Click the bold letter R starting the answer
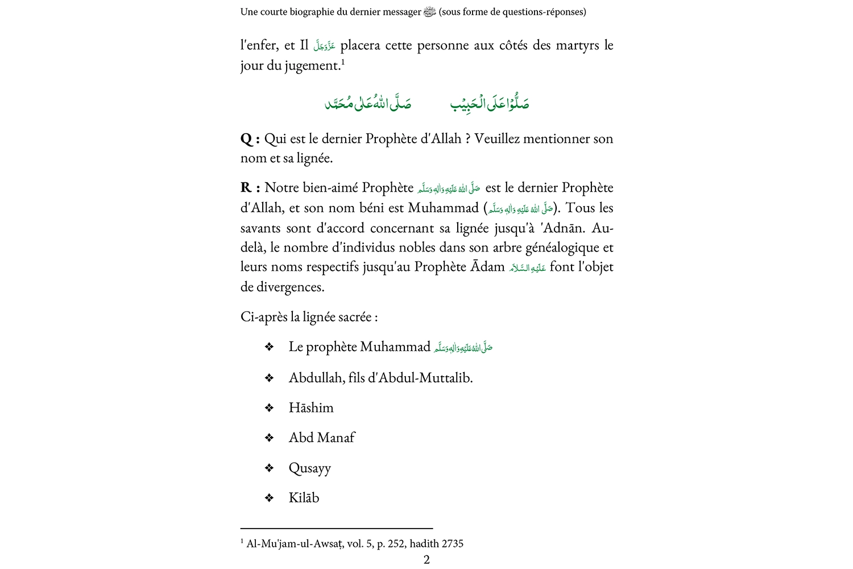coord(246,188)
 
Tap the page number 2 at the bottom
coord(426,559)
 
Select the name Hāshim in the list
coord(311,408)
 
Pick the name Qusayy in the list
coord(309,468)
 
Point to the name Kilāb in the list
coord(304,498)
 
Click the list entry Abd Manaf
coord(322,438)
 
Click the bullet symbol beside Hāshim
coord(270,408)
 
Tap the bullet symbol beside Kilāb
coord(270,498)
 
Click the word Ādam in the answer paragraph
coord(487,267)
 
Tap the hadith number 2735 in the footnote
coord(452,543)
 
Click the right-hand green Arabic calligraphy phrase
coord(490,104)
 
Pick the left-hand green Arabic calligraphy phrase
coord(367,104)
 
